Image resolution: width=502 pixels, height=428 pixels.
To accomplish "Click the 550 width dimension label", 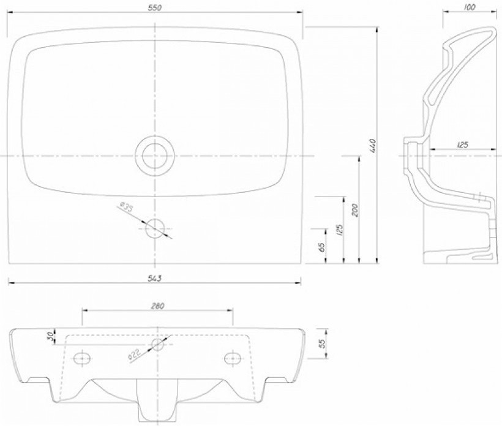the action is click(155, 8).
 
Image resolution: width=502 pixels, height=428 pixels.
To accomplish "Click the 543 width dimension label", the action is click(155, 279).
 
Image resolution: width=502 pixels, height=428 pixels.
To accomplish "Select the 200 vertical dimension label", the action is click(354, 210).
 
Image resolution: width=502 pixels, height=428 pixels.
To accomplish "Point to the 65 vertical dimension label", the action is click(322, 247).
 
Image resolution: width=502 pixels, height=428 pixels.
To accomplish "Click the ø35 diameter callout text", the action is click(125, 207).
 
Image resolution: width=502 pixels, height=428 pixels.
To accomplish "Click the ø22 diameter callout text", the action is click(134, 356).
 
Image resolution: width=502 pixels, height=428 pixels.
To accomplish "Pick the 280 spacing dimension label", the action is click(157, 306).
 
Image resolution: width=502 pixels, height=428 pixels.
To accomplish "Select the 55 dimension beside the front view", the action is click(322, 343).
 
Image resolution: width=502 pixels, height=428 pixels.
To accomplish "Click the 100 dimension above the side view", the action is click(469, 7).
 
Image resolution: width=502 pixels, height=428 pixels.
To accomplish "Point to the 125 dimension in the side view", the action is click(462, 145).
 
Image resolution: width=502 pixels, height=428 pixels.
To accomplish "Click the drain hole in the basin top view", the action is click(155, 156).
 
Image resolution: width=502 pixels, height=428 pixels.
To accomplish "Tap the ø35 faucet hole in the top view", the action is click(155, 228).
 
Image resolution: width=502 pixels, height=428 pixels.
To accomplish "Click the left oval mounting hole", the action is click(81, 358).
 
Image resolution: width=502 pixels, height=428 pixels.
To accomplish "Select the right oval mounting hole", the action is click(233, 358).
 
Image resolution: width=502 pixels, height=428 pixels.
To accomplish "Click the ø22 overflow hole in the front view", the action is click(157, 345).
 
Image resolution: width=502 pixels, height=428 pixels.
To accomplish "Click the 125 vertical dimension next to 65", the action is click(339, 230).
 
